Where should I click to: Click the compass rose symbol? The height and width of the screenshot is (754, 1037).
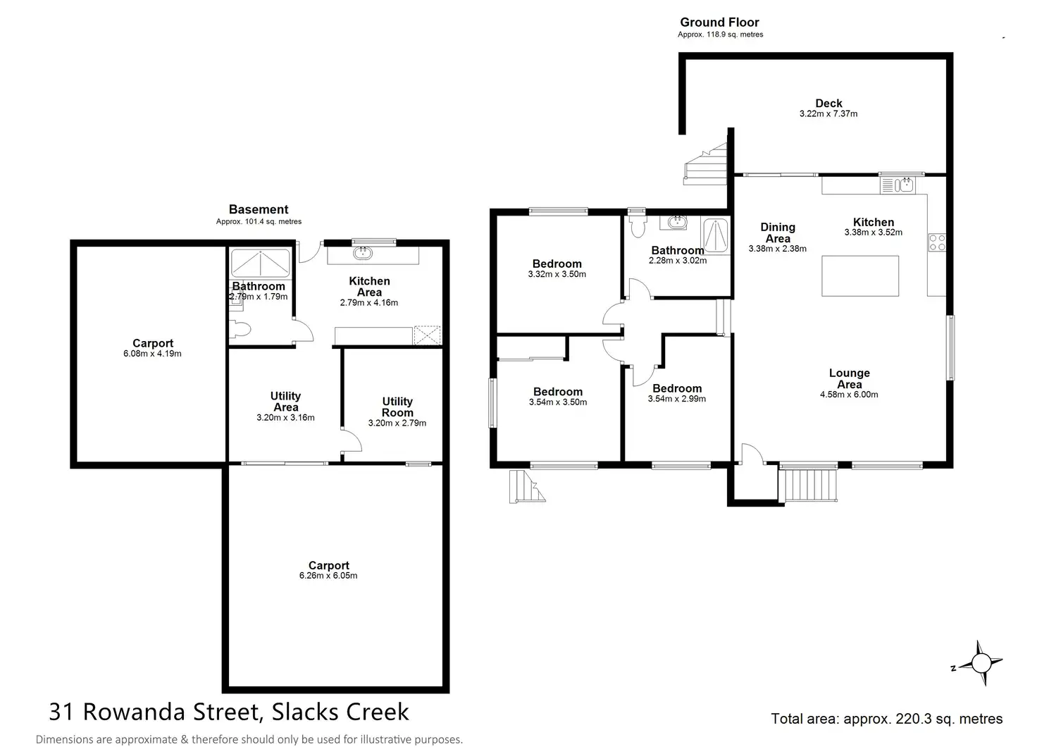pos(980,663)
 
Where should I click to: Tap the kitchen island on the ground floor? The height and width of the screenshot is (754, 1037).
pos(860,276)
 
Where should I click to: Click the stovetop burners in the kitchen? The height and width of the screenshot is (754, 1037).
pos(937,242)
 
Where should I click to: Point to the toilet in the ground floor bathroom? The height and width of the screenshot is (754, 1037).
pos(638,225)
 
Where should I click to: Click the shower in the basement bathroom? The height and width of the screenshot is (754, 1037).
pos(261,263)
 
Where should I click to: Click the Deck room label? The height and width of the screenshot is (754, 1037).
pos(828,104)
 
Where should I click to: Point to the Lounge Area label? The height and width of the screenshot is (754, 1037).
pos(849,378)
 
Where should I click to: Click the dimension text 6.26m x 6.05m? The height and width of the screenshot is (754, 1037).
pos(328,576)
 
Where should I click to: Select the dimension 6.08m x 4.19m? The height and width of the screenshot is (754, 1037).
pos(152,354)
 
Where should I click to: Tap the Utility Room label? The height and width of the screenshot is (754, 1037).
pos(397,407)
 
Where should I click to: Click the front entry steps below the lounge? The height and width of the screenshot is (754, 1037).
pos(809,485)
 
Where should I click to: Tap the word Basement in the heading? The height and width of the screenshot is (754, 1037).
pos(259,209)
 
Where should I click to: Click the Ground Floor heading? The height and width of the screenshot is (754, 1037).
pos(719,23)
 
